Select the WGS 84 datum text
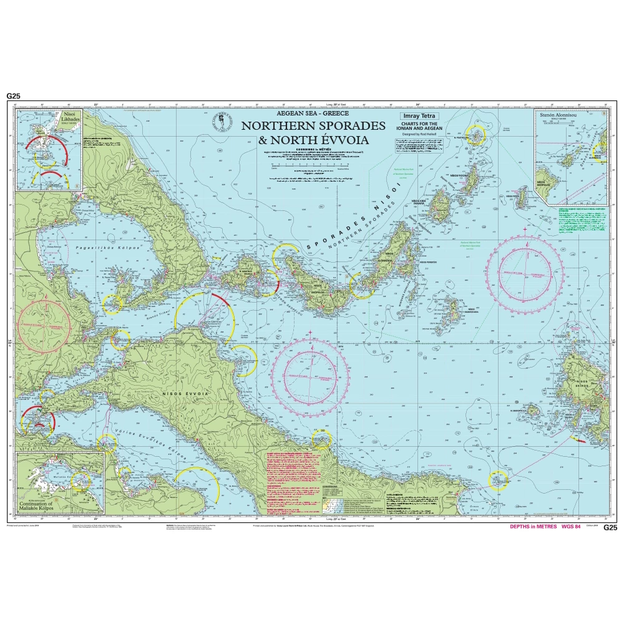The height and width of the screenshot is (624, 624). (572, 527)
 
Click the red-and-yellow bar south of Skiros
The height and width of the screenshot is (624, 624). (578, 441)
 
